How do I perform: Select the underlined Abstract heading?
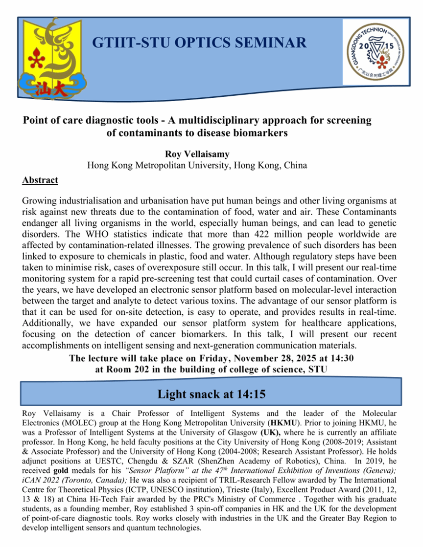[x=40, y=180]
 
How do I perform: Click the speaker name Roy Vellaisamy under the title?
[x=196, y=154]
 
